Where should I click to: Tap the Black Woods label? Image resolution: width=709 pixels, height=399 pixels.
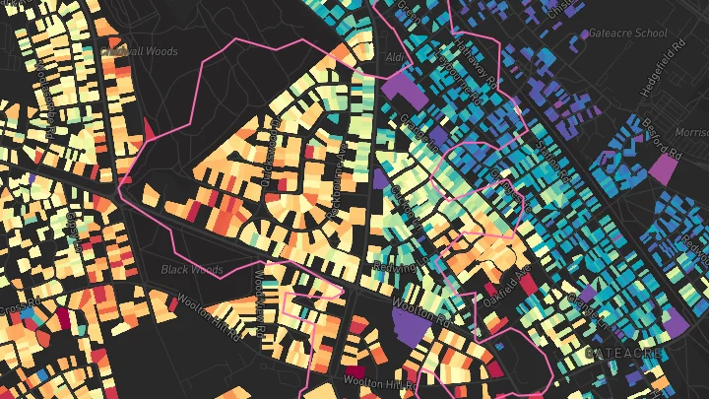192,269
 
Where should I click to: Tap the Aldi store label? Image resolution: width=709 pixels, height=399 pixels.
393,57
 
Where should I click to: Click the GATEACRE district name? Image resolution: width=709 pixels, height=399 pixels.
620,352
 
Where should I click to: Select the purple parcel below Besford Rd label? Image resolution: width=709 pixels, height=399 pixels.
663,166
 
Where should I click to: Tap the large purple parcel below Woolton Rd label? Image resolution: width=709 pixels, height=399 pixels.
412,326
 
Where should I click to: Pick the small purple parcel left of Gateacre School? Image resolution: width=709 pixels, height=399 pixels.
584,34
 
